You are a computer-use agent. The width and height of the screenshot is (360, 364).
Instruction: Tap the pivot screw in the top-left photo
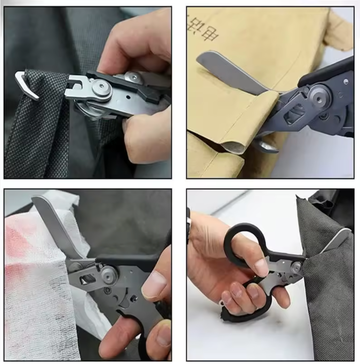pos(102,88)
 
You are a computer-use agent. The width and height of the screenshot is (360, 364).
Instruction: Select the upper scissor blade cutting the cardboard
pos(231,72)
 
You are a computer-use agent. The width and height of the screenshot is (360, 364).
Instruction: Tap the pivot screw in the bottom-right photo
pos(296,267)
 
